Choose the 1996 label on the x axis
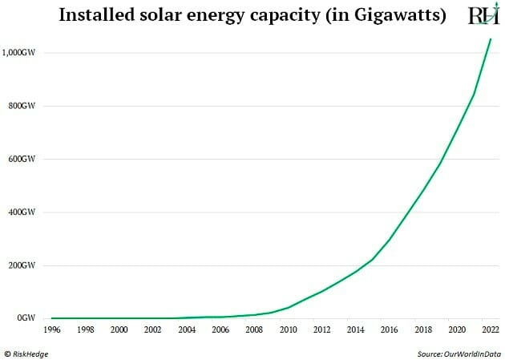tap(51, 330)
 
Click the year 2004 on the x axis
tap(187, 330)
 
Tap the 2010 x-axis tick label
tap(288, 330)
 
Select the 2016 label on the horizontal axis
tap(390, 330)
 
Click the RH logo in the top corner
tap(483, 16)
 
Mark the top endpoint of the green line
tap(491, 38)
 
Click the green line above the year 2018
tap(423, 191)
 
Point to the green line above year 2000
tap(119, 318)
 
